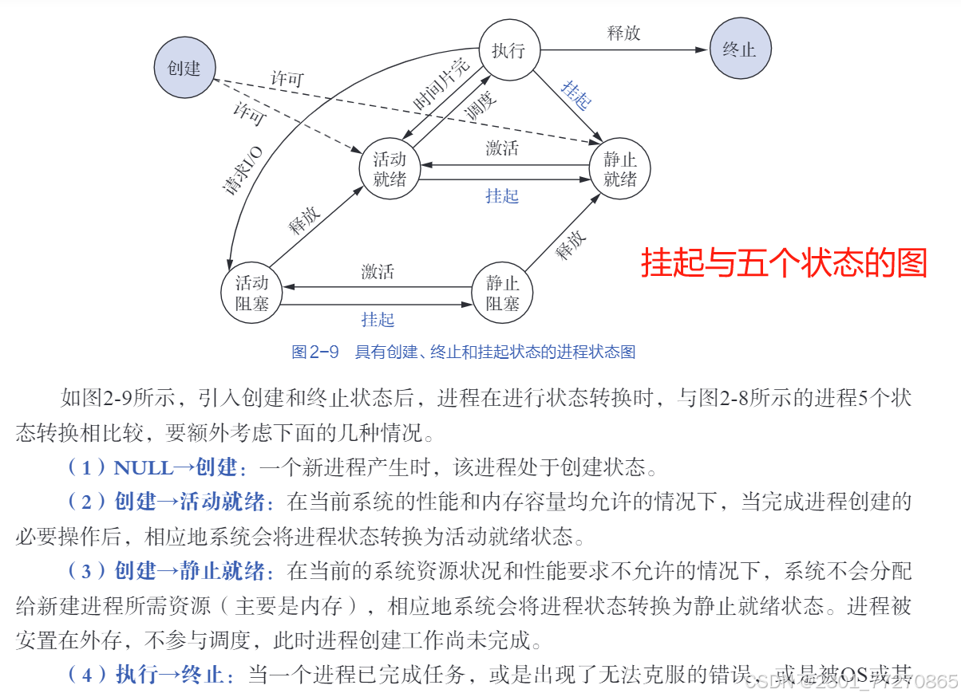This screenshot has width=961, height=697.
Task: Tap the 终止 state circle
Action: click(x=739, y=49)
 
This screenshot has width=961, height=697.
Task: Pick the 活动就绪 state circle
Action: click(x=390, y=169)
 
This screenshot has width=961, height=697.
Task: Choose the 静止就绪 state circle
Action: click(x=619, y=169)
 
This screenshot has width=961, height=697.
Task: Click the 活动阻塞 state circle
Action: click(x=251, y=293)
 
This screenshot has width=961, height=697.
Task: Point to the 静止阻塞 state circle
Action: click(x=503, y=293)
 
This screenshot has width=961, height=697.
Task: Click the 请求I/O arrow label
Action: click(x=242, y=169)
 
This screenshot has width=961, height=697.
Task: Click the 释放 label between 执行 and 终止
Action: click(x=623, y=33)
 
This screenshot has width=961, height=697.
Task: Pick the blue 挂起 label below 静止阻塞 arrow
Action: click(x=378, y=320)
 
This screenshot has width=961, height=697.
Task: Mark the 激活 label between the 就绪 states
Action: click(x=502, y=148)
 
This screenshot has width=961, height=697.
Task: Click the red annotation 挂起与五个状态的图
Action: click(x=784, y=262)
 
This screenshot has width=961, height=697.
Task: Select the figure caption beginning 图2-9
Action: click(x=464, y=352)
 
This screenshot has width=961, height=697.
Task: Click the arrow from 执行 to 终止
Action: click(x=623, y=50)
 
